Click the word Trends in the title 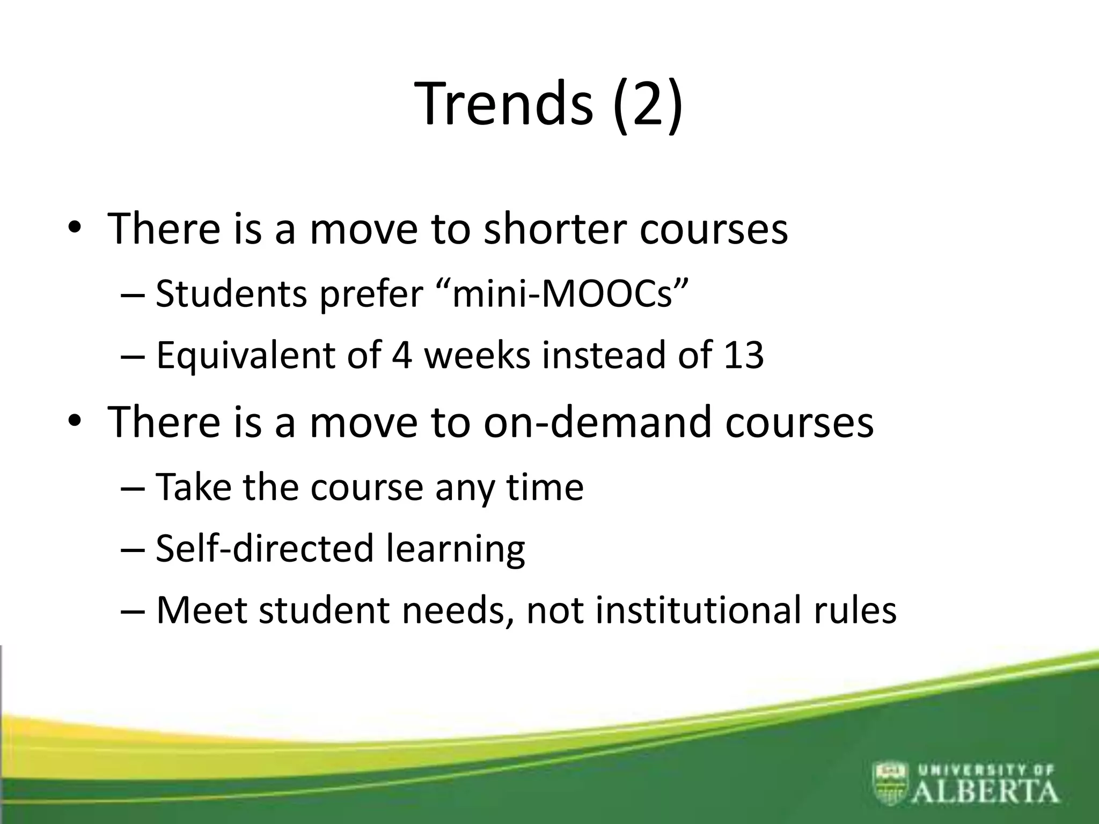[504, 103]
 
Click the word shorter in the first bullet [554, 229]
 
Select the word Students [231, 294]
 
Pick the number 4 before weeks [402, 355]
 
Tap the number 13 [743, 355]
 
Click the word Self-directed [264, 548]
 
